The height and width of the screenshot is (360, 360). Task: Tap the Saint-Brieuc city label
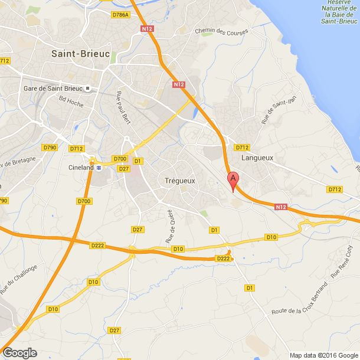tap(80, 53)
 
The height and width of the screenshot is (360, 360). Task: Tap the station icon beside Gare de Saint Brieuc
tap(88, 89)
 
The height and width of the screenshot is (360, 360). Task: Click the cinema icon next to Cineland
tap(99, 168)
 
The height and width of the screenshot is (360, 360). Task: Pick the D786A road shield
tap(121, 15)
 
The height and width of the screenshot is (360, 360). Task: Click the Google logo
tap(19, 352)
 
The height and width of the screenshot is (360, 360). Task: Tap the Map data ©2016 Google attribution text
tap(323, 355)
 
